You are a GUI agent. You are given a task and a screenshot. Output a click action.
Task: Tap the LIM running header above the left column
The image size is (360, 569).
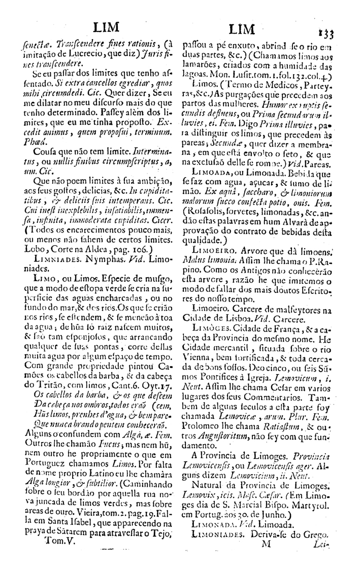pos(101,27)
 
